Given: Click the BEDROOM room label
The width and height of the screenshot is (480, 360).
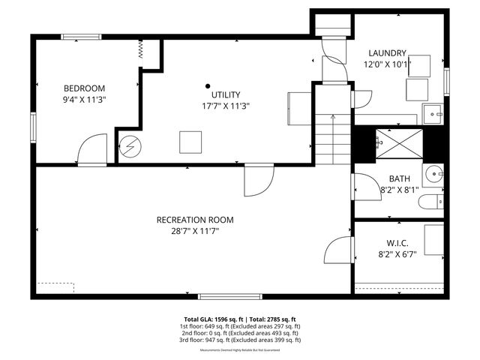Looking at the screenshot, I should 84,88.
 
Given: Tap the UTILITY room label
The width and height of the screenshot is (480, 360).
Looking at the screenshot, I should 225,94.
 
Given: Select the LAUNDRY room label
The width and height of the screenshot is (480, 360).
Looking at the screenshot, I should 387,53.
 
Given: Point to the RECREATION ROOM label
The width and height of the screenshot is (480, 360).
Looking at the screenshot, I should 194,220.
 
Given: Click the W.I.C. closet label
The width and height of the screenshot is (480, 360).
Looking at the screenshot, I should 397,244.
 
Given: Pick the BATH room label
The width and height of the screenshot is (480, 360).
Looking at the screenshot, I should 399,178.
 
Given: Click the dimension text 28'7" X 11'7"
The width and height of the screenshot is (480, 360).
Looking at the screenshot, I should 194,232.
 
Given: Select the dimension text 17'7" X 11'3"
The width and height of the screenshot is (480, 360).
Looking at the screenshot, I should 225,106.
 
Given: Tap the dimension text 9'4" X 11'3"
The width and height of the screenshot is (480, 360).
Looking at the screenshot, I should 84,100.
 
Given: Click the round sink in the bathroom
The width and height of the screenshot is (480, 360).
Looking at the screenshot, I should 434,176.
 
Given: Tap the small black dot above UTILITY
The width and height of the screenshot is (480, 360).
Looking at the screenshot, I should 208,85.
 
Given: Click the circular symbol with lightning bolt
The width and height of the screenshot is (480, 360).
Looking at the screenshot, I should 130,145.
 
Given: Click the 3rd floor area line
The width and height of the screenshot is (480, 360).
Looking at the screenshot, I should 240,340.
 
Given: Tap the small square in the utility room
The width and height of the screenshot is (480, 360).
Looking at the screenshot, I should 190,141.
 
